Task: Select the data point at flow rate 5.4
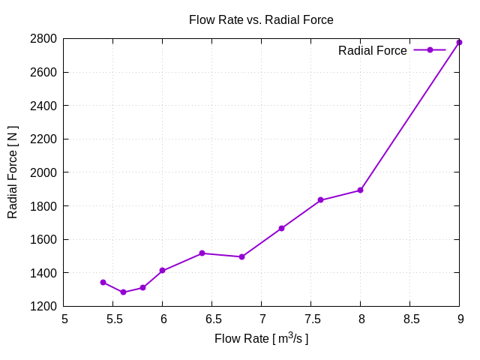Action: (x=103, y=282)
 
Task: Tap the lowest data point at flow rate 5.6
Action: (x=123, y=292)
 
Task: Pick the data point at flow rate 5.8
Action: (x=142, y=287)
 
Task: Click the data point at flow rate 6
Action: (x=163, y=270)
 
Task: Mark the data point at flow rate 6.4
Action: (x=202, y=253)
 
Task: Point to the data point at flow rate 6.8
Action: (x=241, y=256)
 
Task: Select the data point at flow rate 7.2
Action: (x=281, y=228)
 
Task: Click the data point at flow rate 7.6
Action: (x=320, y=200)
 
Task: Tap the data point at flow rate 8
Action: (x=360, y=190)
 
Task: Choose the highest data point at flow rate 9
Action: (x=459, y=42)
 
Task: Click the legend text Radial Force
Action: (x=372, y=51)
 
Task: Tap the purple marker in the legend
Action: (x=430, y=50)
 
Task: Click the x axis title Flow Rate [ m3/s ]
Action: (x=261, y=338)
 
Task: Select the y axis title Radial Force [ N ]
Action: (x=13, y=172)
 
